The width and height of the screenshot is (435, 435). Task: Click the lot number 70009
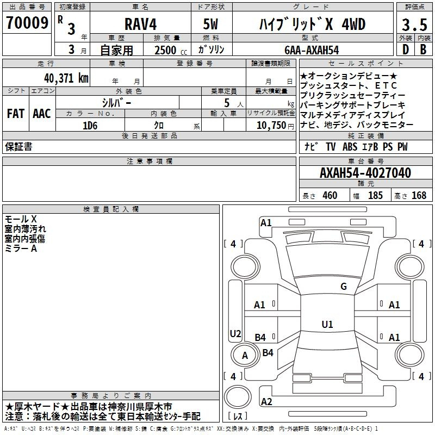pos(27,23)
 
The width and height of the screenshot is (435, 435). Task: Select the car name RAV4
pos(141,24)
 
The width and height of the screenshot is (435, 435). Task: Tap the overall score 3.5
pos(414,24)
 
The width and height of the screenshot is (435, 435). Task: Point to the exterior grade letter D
pos(405,49)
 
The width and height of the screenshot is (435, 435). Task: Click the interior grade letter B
pos(423,49)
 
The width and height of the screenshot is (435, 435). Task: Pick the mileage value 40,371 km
pos(66,78)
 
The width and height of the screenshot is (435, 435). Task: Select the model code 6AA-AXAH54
pos(312,50)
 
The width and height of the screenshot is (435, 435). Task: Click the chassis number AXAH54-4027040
pos(365,173)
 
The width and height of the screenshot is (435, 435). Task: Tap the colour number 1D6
pos(90,126)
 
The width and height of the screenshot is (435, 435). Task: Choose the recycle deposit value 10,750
pos(271,126)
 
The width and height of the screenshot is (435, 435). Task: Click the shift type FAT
pos(16,114)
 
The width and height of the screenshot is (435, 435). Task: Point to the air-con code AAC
pos(42,114)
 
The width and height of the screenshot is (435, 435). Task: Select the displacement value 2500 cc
pos(171,50)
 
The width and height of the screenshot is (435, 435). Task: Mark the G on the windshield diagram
pos(344,287)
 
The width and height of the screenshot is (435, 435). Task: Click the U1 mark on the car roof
pos(327,324)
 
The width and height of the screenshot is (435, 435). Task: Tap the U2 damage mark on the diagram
pos(235,333)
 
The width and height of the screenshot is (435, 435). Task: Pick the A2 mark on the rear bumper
pos(266,401)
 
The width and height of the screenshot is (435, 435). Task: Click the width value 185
pos(375,195)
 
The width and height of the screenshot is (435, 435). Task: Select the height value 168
pos(419,195)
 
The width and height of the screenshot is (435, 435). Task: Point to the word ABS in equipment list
pos(350,147)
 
